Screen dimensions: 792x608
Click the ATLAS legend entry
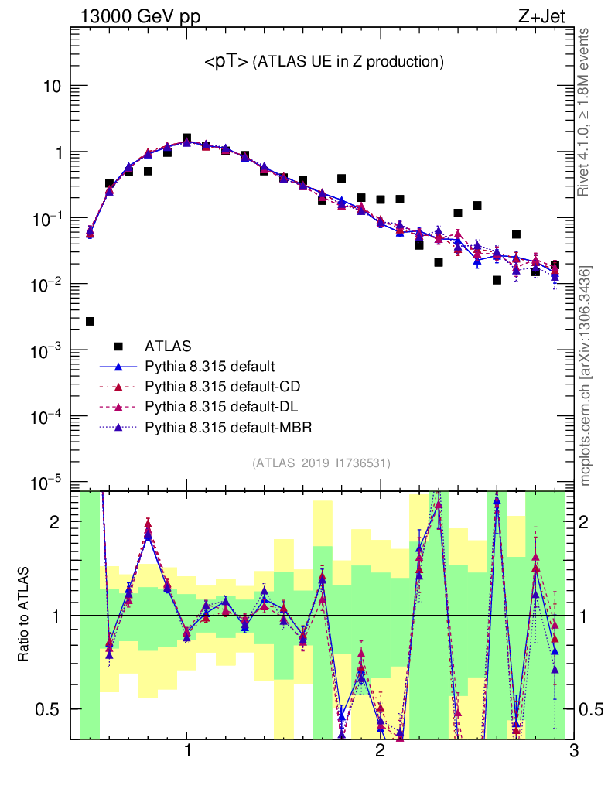[x=168, y=345]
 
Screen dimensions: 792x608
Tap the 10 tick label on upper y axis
[x=52, y=86]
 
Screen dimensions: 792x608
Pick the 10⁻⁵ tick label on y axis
[x=46, y=483]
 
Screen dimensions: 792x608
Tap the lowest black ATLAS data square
[x=90, y=321]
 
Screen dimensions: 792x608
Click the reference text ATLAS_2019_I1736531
[x=322, y=463]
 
